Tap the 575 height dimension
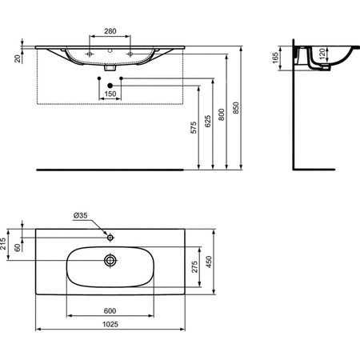click(194, 132)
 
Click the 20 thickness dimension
click(18, 58)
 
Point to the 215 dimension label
click(4, 243)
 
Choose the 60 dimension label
click(18, 249)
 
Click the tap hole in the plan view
click(111, 237)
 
